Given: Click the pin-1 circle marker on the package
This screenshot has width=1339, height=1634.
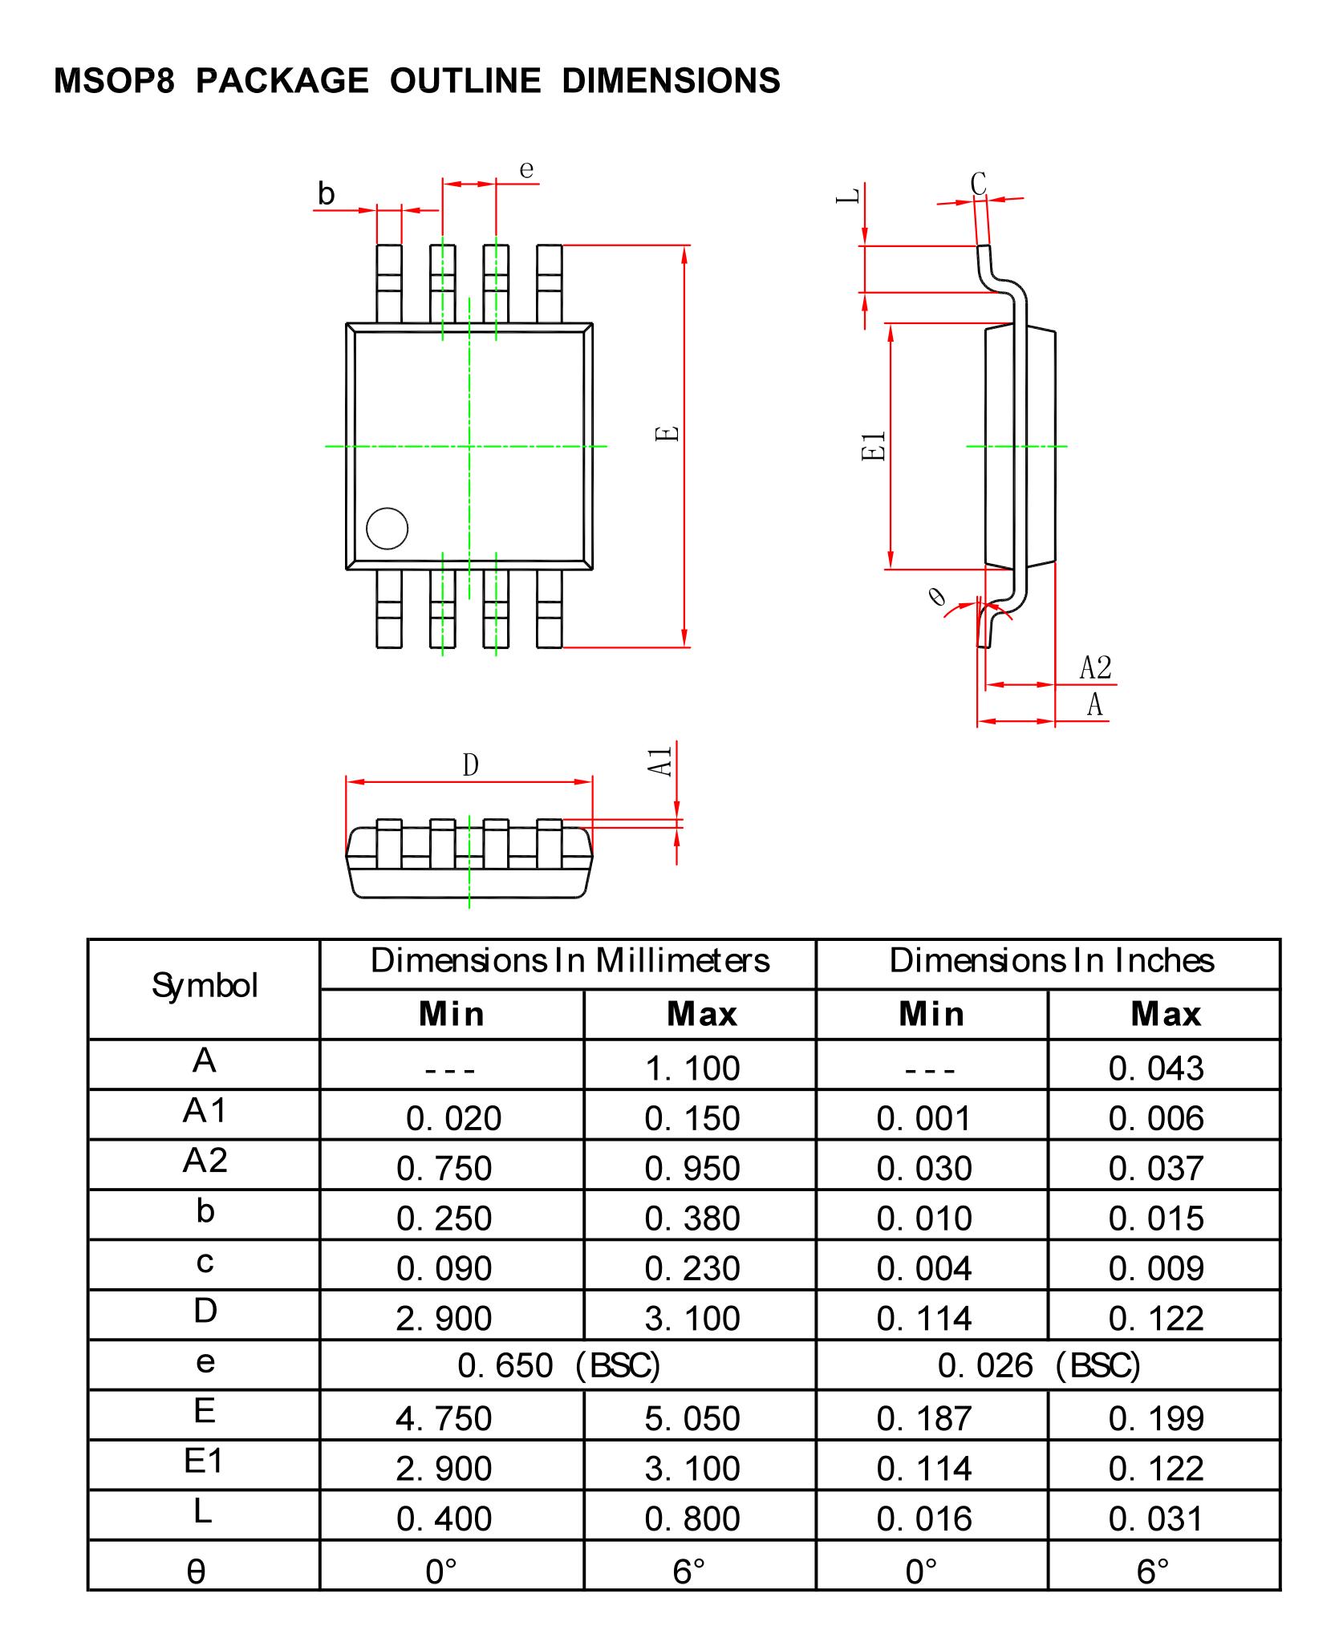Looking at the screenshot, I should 387,529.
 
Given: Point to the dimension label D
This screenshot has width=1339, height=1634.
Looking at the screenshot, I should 470,765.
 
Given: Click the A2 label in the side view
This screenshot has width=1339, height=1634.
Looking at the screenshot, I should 1095,667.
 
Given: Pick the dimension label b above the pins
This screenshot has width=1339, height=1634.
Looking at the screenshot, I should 326,194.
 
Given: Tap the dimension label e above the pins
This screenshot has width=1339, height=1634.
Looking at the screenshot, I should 526,169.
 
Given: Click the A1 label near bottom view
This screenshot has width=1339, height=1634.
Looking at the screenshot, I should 660,761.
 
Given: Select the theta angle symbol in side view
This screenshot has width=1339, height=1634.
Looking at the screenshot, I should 936,597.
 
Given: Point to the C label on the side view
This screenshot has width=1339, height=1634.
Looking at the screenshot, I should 978,183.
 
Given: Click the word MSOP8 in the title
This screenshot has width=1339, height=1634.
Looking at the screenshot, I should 114,81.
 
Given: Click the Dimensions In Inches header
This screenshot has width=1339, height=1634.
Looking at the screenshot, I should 1051,961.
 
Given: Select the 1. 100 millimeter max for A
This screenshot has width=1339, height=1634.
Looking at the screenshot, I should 692,1068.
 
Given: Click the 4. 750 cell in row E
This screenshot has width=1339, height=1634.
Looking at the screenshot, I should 443,1418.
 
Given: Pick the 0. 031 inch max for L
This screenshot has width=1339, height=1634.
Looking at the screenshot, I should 1155,1518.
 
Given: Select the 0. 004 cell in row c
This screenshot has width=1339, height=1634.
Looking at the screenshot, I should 923,1269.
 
